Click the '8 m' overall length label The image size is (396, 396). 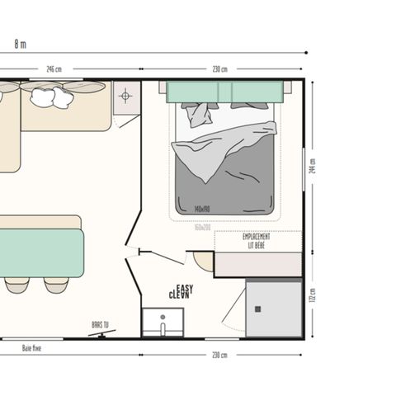[20, 43]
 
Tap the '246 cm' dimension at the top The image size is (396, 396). [53, 69]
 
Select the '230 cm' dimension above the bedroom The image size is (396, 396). [220, 69]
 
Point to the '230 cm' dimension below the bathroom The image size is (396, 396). [220, 355]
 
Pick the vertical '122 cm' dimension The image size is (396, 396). [313, 295]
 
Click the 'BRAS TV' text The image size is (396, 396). [101, 325]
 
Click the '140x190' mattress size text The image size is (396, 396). [202, 210]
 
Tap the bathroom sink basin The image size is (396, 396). [163, 323]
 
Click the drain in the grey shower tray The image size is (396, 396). [257, 309]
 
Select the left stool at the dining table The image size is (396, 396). [17, 285]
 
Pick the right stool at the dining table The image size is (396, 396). [56, 285]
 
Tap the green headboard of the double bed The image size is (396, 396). [226, 92]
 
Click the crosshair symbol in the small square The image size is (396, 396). [125, 96]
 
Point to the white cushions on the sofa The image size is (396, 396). [51, 97]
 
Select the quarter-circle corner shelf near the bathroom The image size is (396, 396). [202, 261]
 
